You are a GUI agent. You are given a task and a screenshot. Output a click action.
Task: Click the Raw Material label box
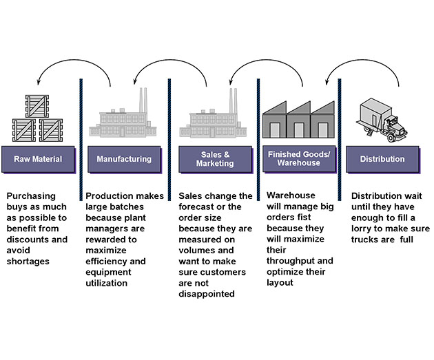(x=37, y=159)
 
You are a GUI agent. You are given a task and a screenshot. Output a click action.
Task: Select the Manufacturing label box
(x=124, y=159)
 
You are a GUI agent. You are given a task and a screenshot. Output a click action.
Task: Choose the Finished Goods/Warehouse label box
(x=298, y=159)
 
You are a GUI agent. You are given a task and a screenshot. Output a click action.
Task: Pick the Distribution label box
(x=382, y=159)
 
